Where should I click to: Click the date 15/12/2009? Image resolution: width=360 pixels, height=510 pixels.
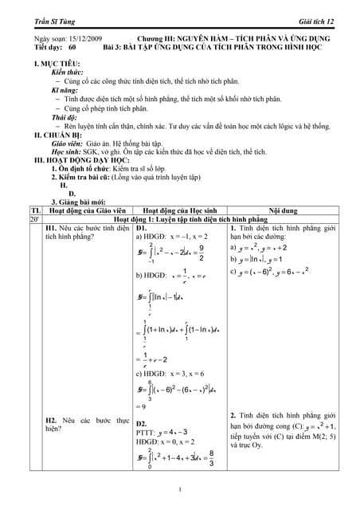[82, 38]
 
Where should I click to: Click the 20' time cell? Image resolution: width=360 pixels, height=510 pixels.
[35, 218]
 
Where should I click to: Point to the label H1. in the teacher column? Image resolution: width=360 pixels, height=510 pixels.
[53, 228]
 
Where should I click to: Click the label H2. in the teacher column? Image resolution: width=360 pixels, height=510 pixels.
[53, 419]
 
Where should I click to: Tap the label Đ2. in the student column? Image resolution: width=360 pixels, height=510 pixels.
[142, 423]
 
